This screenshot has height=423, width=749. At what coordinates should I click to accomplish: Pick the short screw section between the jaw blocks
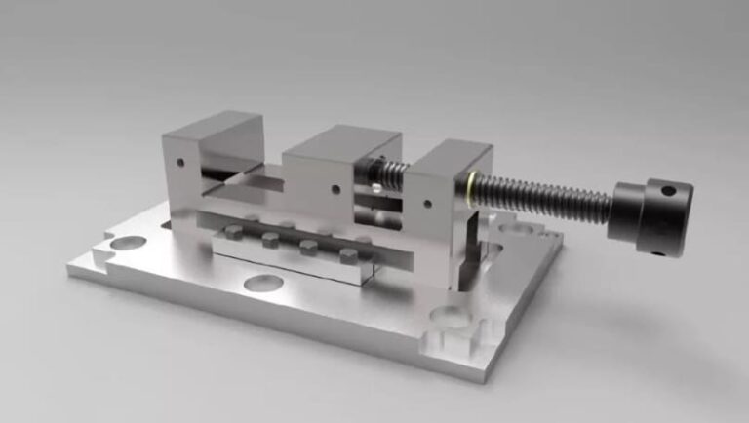pos(388,175)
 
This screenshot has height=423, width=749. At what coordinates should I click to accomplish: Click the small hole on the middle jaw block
pos(335,189)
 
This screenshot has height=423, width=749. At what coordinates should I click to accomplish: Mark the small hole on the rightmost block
pos(427,205)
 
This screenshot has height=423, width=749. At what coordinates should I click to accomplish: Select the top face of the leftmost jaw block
pos(213,125)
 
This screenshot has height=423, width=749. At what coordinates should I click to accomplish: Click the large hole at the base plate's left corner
pos(128,242)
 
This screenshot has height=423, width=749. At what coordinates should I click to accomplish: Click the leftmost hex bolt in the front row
pos(234,232)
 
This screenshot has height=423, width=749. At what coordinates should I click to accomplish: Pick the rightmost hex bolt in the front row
pos(348,256)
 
